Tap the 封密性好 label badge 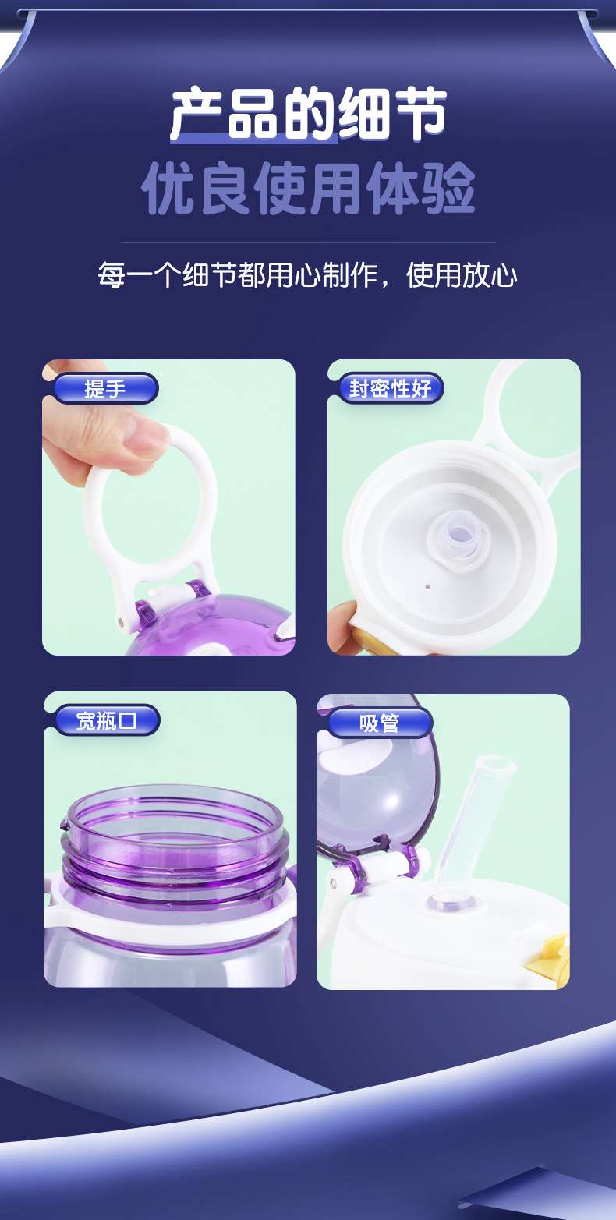pyautogui.click(x=390, y=388)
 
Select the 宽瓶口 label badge pyautogui.click(x=108, y=720)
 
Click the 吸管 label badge pyautogui.click(x=381, y=723)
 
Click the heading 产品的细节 pyautogui.click(x=308, y=114)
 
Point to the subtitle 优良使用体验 pyautogui.click(x=308, y=189)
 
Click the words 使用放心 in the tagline pyautogui.click(x=462, y=274)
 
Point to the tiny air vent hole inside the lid pyautogui.click(x=427, y=587)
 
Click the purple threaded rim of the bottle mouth pyautogui.click(x=175, y=844)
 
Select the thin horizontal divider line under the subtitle pyautogui.click(x=308, y=242)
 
